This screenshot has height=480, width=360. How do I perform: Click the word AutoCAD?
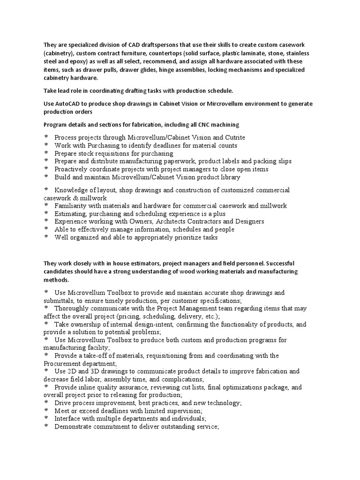68,103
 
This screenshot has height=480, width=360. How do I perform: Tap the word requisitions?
118,153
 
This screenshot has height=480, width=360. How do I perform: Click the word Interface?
68,419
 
